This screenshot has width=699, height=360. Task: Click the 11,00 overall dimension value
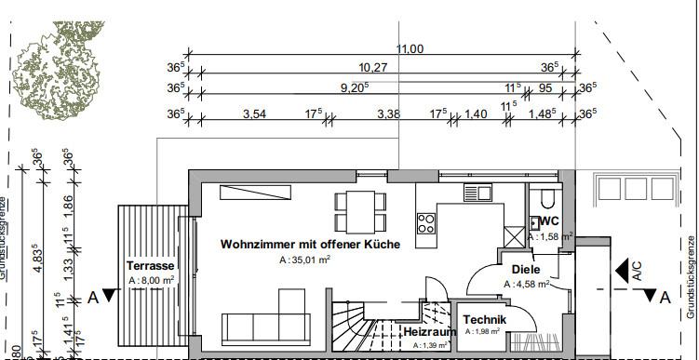(x=410, y=48)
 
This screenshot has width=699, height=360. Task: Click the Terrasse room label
(x=150, y=265)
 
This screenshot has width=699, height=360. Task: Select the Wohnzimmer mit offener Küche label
(x=310, y=245)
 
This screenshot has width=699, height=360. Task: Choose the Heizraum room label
(x=428, y=331)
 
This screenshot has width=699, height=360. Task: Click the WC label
(x=548, y=221)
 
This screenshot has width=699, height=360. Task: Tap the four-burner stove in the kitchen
(x=426, y=223)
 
